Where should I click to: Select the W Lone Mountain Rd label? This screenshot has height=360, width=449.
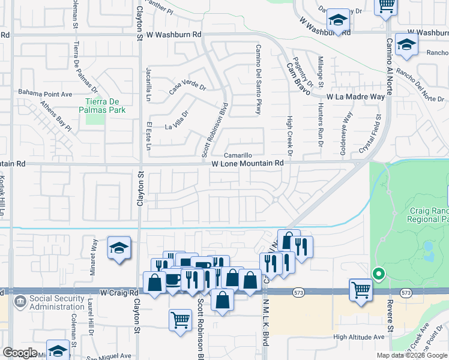click(x=246, y=163)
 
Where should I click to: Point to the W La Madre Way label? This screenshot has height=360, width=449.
click(x=355, y=97)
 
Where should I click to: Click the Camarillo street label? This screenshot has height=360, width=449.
click(x=238, y=155)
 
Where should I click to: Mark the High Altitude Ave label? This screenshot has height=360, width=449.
click(x=358, y=337)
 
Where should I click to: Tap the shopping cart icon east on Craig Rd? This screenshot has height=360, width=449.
click(x=361, y=290)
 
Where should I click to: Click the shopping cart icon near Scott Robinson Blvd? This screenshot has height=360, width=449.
click(x=180, y=320)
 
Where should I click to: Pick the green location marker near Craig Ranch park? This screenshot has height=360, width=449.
click(x=378, y=274)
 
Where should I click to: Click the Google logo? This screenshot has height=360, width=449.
click(x=20, y=353)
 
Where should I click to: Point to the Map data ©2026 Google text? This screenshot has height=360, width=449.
click(x=412, y=355)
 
